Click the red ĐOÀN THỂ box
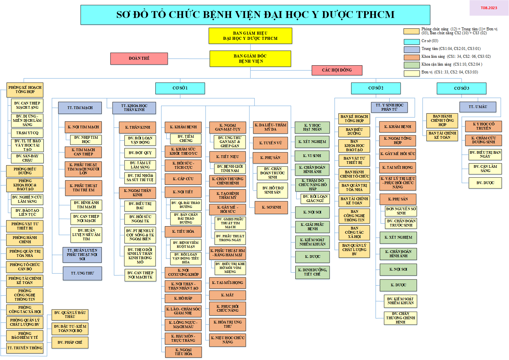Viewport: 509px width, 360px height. point(139,58)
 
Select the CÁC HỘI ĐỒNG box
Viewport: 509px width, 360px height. point(337,70)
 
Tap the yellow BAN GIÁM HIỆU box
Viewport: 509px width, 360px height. point(250,36)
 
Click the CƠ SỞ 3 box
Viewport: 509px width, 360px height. point(461,88)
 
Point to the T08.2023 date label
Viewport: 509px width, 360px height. point(489,8)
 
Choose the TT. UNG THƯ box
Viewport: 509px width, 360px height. point(82,273)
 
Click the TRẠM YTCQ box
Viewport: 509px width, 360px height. point(27,133)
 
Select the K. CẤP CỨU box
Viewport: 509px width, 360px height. point(183,179)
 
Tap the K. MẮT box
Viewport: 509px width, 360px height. point(227,295)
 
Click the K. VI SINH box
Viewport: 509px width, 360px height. point(312,156)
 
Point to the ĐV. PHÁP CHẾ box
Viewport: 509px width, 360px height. point(70,342)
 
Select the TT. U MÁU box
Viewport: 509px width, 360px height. point(478,107)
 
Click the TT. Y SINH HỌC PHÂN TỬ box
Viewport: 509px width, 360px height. point(389,107)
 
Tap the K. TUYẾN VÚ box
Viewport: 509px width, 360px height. point(270,143)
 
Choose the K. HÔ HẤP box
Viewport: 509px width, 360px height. point(183,298)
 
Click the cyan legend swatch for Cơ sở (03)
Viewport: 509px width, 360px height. point(411,41)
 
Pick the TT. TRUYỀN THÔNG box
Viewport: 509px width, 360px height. point(25,348)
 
